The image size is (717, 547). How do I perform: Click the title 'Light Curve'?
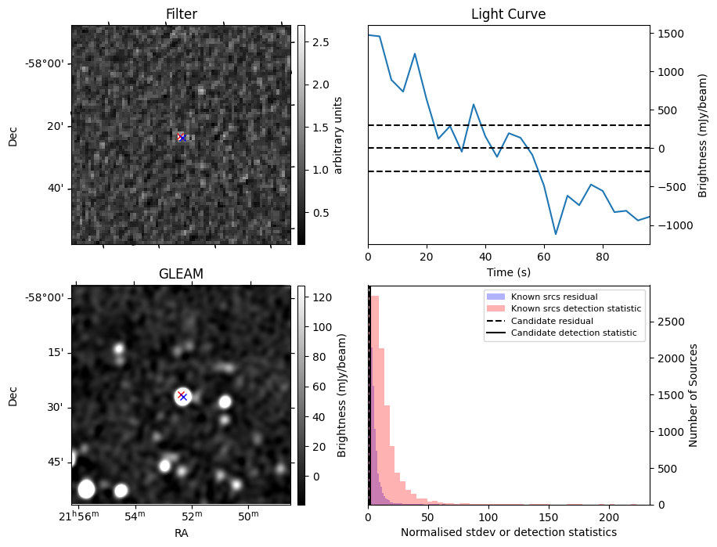[508, 14]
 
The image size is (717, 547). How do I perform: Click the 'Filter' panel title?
[181, 14]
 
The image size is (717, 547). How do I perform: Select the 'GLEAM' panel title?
[181, 274]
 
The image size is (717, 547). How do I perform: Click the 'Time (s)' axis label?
[508, 272]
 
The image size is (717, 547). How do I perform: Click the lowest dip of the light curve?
[556, 234]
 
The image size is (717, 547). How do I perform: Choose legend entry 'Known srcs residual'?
[554, 297]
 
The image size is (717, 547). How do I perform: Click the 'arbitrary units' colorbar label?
[337, 135]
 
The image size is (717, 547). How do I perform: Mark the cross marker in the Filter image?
[182, 138]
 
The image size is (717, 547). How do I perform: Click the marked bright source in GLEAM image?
[182, 397]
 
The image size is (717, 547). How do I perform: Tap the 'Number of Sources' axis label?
[693, 395]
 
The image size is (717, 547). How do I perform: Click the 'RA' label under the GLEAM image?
[181, 533]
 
